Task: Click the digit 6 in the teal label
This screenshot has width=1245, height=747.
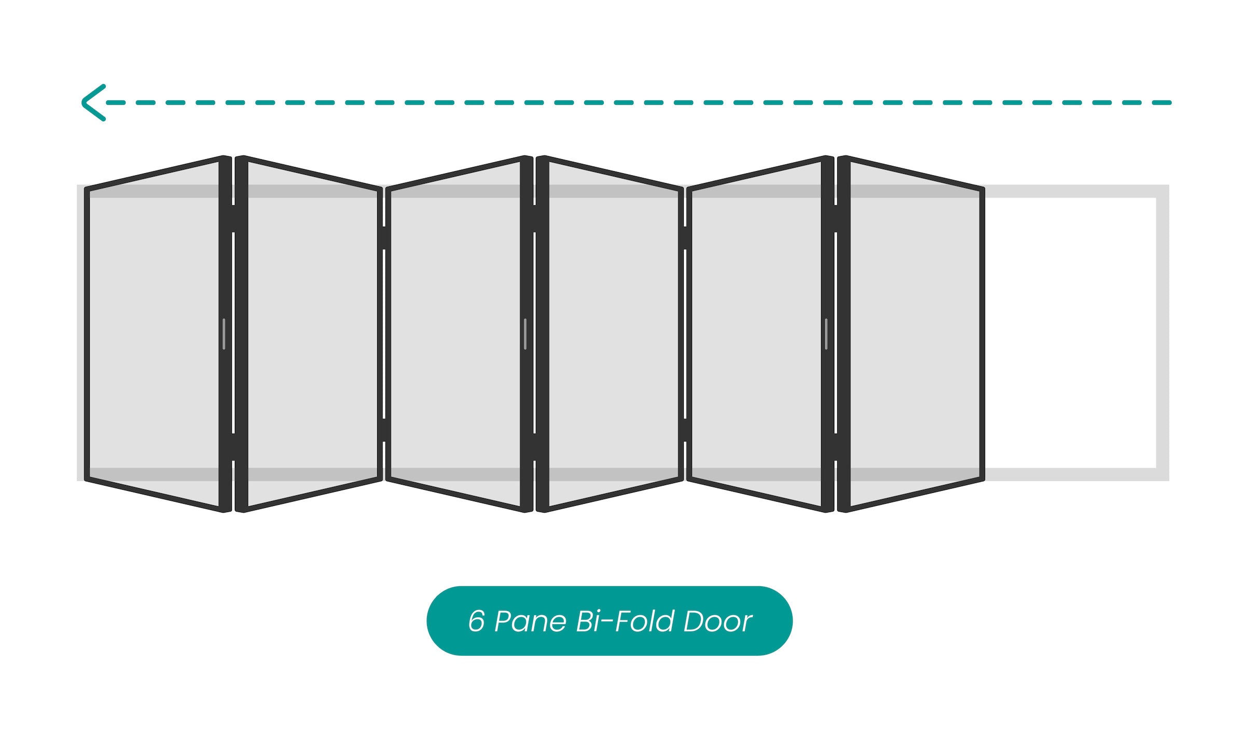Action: coord(476,621)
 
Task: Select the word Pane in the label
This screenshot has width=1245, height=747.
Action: coord(530,621)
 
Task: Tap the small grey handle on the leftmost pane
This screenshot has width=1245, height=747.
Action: coord(224,334)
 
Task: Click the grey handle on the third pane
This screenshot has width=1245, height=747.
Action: coord(525,334)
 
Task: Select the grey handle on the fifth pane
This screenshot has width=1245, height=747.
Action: coord(826,334)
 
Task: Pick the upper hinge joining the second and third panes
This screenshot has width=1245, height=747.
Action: coord(384,238)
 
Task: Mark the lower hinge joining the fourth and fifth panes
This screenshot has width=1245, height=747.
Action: coord(685,430)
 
